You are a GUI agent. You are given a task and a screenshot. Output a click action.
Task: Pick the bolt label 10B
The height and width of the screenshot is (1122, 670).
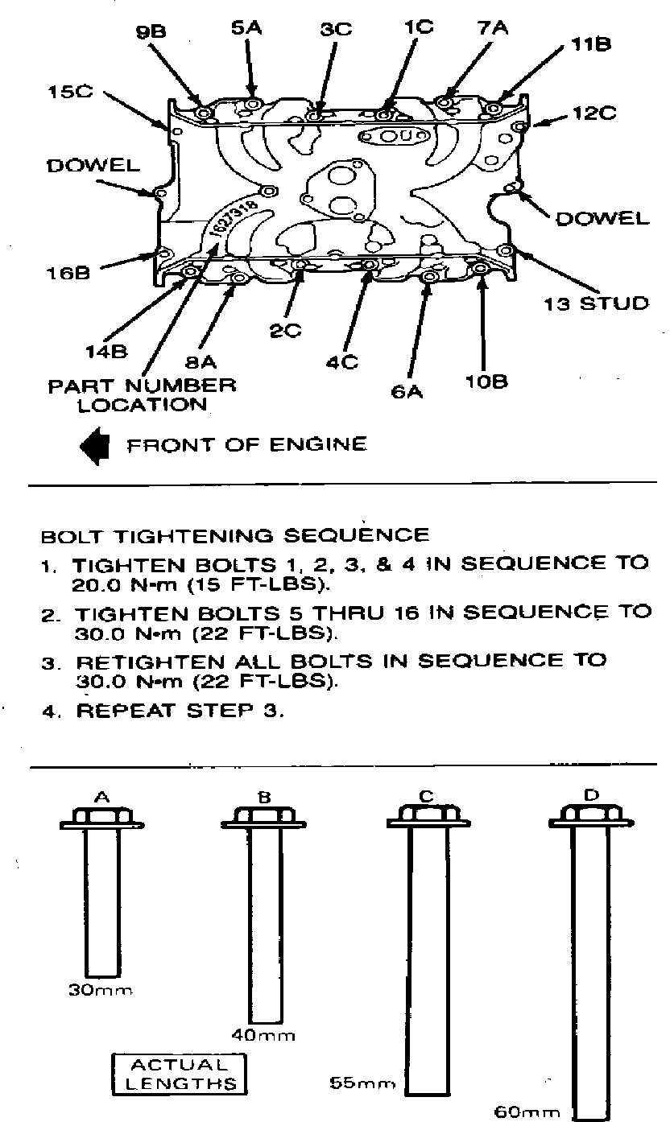coord(486,380)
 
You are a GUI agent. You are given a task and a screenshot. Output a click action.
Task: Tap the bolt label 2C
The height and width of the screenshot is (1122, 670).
coord(286,329)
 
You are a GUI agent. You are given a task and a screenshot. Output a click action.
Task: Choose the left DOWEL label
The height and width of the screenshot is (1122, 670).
coord(93,167)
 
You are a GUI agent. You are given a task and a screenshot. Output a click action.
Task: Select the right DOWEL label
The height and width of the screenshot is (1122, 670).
coord(602,217)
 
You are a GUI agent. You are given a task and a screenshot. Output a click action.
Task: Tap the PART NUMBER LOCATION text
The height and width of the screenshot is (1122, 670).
coord(142,394)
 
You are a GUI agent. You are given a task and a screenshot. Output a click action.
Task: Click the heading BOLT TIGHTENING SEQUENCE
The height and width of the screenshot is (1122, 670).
coord(235,534)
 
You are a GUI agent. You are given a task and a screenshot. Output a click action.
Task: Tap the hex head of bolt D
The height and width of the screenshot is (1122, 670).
coord(590,814)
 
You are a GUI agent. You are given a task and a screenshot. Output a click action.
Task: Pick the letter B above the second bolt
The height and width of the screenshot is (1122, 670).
coord(264,798)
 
